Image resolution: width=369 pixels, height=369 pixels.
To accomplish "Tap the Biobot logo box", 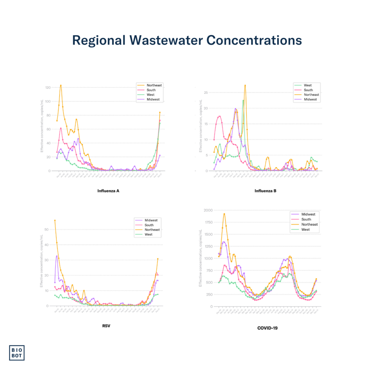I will pyautogui.click(x=17, y=352).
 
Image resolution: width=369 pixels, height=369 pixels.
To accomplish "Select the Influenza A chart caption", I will pyautogui.click(x=108, y=191).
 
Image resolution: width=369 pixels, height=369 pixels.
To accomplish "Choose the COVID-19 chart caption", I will pyautogui.click(x=267, y=328).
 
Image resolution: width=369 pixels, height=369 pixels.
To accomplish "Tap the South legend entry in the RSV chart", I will pyautogui.click(x=148, y=225).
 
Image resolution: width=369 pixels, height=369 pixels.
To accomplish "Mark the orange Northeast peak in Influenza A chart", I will pyautogui.click(x=61, y=85).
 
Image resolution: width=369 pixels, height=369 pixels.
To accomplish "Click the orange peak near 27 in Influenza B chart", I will pyautogui.click(x=245, y=85).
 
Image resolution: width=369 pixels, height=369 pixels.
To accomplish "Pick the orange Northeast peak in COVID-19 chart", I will pyautogui.click(x=224, y=214).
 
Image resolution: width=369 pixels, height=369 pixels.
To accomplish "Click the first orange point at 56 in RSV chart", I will pyautogui.click(x=55, y=220).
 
